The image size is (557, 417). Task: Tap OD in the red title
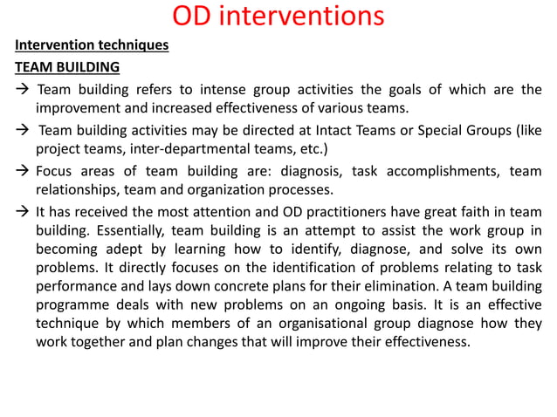point(194,16)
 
